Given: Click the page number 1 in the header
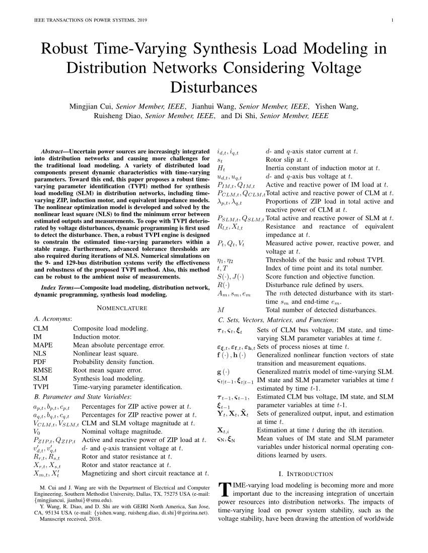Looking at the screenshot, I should (x=391, y=21).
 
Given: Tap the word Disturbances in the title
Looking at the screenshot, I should (x=214, y=87).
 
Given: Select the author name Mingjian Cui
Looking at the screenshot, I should (x=92, y=107).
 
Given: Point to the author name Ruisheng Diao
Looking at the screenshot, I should (x=118, y=116).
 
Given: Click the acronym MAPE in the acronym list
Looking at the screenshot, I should (x=42, y=345).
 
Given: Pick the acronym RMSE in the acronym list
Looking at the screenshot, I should (x=42, y=370).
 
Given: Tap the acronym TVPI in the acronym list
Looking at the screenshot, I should (x=42, y=387).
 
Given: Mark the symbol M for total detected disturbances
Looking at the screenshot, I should (x=220, y=310).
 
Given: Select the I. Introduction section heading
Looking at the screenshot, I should (x=306, y=474).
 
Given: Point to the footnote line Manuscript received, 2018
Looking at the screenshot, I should (x=69, y=519).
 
